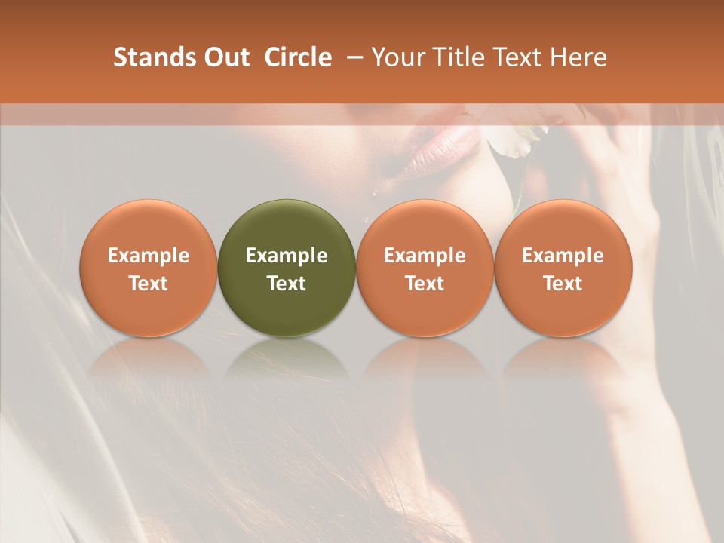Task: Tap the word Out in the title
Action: [225, 57]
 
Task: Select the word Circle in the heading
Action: [297, 57]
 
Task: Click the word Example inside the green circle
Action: [287, 256]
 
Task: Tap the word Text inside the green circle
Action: [287, 284]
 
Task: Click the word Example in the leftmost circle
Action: [149, 256]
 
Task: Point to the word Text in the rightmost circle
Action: [563, 284]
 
